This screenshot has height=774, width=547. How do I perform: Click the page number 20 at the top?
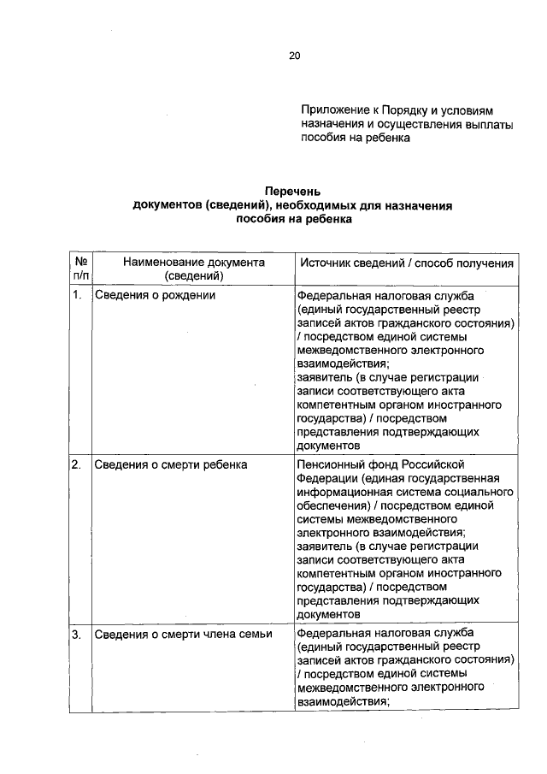294,56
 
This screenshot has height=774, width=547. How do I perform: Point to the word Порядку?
404,110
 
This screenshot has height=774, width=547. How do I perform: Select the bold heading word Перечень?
292,192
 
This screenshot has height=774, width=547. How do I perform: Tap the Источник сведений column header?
405,263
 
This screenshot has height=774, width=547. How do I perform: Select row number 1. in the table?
77,295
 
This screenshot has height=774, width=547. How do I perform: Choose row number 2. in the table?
77,464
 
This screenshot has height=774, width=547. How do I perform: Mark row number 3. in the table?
77,634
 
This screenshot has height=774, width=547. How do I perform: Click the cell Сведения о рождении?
154,295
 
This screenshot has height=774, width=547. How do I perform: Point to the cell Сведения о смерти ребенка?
170,464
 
